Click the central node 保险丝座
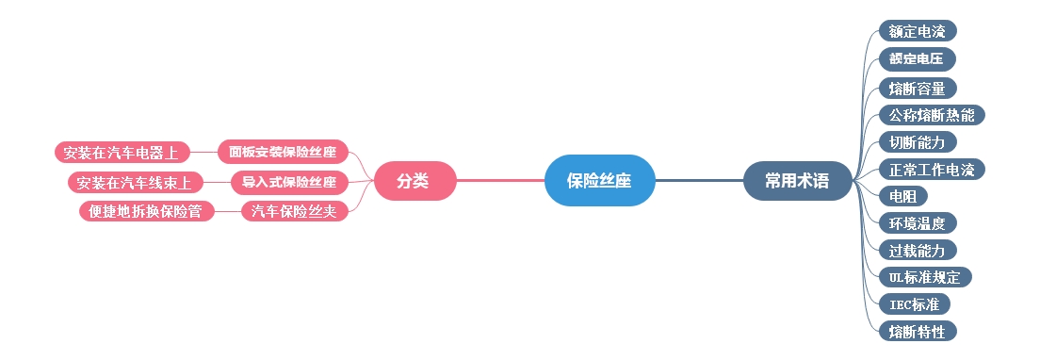[599, 181]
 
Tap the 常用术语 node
[797, 181]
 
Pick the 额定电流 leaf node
[918, 31]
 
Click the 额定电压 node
[917, 59]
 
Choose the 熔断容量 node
[917, 89]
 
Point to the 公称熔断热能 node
[931, 116]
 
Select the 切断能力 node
[917, 142]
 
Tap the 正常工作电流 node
[931, 170]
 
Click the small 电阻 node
[902, 197]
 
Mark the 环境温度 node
[917, 223]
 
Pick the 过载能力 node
[917, 250]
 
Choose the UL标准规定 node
[924, 277]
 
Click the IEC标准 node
[914, 304]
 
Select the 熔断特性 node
[917, 331]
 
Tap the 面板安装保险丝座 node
[283, 152]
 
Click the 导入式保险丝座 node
[289, 182]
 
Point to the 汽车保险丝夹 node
[294, 211]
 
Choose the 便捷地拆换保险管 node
[146, 211]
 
